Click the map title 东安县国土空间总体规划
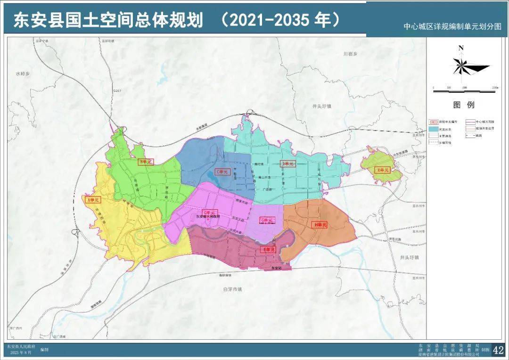108,20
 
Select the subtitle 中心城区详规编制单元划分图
453,27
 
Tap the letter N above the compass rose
461,48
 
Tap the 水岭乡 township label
22,74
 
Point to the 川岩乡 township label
350,54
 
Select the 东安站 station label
278,268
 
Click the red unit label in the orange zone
319,225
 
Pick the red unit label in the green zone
146,162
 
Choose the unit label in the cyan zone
287,164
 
